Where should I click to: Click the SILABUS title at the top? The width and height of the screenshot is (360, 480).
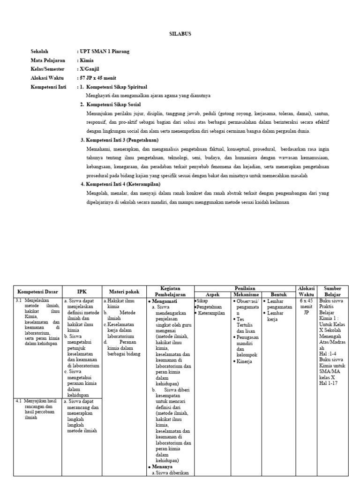pos(180,34)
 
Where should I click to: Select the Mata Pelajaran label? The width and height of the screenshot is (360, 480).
pos(48,60)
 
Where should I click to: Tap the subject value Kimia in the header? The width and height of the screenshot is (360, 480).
pos(87,60)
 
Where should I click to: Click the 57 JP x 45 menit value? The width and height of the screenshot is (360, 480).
pos(98,78)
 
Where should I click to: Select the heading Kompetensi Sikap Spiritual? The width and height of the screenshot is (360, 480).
pos(117,87)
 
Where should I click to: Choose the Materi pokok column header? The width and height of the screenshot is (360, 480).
pos(124,291)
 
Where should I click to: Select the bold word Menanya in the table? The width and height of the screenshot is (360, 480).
pos(162,467)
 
